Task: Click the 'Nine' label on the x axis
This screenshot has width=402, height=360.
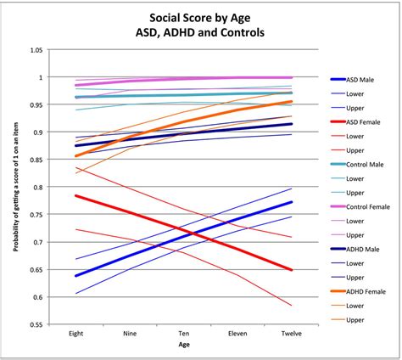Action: pos(129,334)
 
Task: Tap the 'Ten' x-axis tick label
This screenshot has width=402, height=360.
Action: pos(183,334)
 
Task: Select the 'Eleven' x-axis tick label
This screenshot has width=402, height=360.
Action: pos(237,334)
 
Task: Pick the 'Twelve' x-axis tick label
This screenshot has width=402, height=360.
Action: pos(292,334)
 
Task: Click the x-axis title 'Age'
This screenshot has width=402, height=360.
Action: pos(183,346)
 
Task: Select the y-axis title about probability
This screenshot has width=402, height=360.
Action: pos(14,188)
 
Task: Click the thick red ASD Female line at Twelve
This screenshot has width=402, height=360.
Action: pos(292,270)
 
